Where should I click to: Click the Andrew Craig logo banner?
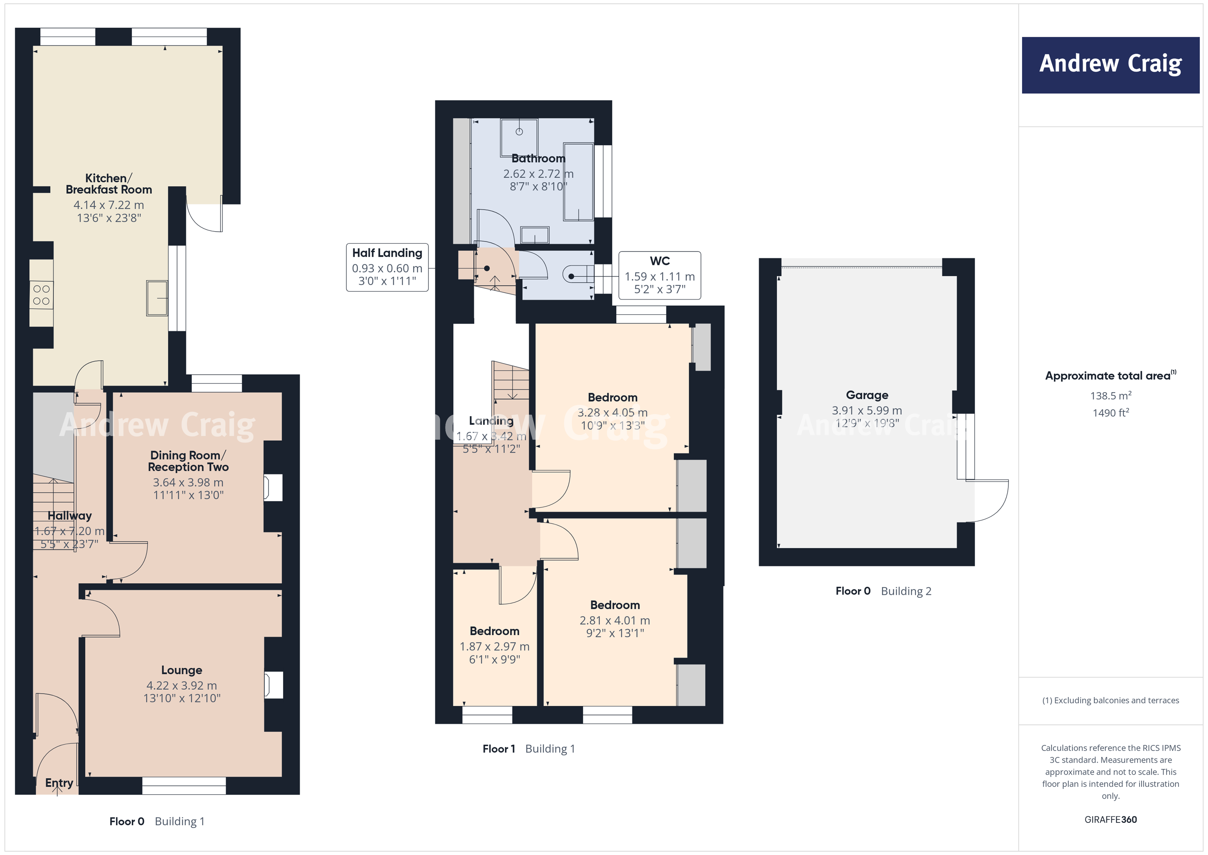[x=1110, y=65]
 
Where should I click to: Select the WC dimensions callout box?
[x=659, y=275]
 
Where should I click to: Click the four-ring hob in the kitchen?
[x=41, y=295]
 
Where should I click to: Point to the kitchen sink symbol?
[x=157, y=298]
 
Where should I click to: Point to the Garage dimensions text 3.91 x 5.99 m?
[x=866, y=410]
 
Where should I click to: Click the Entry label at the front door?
[x=59, y=783]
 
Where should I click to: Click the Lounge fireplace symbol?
[x=273, y=685]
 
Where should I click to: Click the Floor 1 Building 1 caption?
[x=528, y=749]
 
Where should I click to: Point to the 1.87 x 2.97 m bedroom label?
[x=494, y=645]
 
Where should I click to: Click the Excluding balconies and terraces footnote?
[x=1110, y=700]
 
